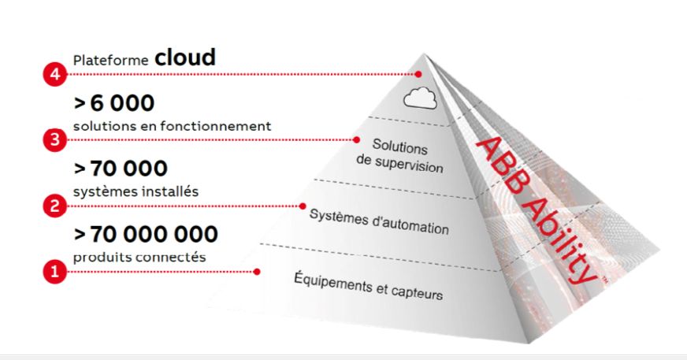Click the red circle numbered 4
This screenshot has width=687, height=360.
(x=52, y=75)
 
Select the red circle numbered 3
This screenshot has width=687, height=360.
(x=52, y=140)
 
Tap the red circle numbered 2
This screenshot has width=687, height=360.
(x=52, y=206)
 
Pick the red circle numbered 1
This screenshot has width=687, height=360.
(x=52, y=273)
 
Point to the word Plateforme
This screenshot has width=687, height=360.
(x=110, y=60)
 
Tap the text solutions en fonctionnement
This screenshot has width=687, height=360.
(x=172, y=125)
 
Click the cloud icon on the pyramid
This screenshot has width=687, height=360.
(x=419, y=98)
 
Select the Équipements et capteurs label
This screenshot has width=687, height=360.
(x=368, y=287)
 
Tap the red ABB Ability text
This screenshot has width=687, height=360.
(x=535, y=209)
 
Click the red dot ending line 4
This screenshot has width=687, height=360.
(x=418, y=75)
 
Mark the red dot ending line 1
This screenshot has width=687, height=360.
(x=257, y=273)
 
